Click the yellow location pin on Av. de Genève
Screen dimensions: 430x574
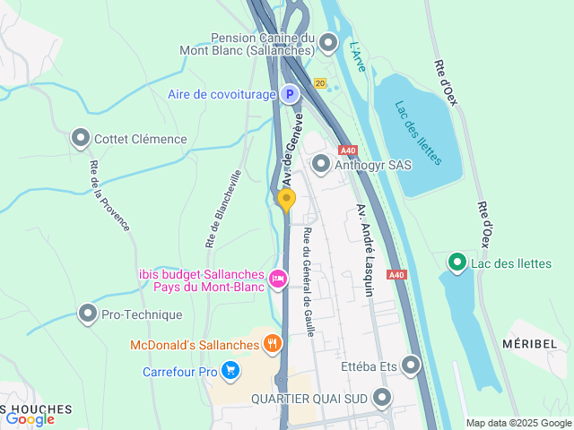pyautogui.click(x=286, y=200)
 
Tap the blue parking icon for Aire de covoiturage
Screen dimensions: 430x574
pyautogui.click(x=289, y=93)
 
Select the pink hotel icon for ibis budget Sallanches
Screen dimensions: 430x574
pyautogui.click(x=278, y=280)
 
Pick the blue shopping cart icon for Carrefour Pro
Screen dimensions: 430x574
pyautogui.click(x=230, y=370)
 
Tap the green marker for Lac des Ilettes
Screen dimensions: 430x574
pyautogui.click(x=457, y=262)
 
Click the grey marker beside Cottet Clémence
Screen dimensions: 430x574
pyautogui.click(x=81, y=138)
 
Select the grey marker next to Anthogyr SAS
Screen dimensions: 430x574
pyautogui.click(x=321, y=164)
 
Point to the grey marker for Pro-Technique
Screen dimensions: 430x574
pyautogui.click(x=88, y=314)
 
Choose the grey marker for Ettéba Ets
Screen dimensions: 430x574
pyautogui.click(x=412, y=365)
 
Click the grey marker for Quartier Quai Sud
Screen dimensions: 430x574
pyautogui.click(x=383, y=397)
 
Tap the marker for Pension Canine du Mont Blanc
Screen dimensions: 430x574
pyautogui.click(x=328, y=41)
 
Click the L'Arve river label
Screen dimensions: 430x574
pyautogui.click(x=357, y=57)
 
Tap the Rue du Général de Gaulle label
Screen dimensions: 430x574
pyautogui.click(x=309, y=281)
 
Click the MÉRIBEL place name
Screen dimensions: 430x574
pyautogui.click(x=535, y=344)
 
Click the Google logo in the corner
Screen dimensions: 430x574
pyautogui.click(x=30, y=418)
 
